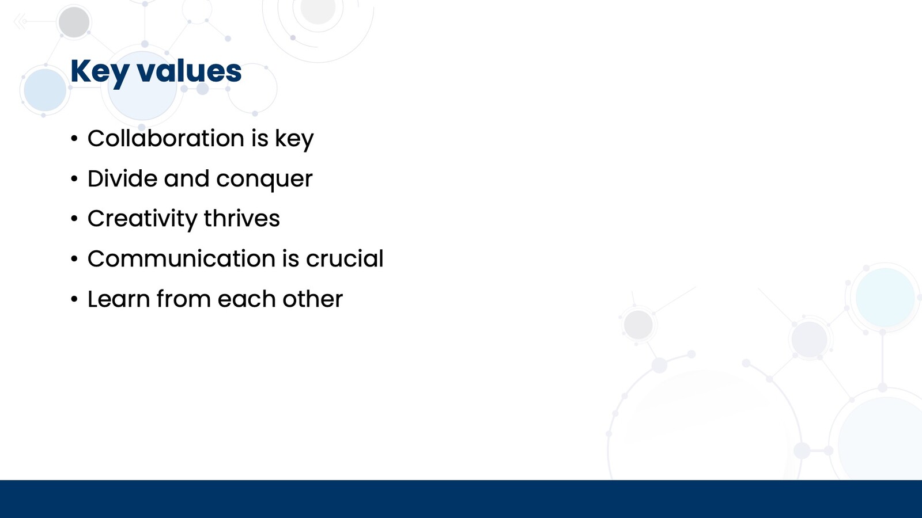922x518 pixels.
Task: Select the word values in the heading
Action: [x=190, y=71]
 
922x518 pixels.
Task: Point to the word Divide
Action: [x=122, y=178]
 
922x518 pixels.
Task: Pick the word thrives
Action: [x=241, y=218]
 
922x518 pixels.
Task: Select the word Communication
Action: [x=182, y=258]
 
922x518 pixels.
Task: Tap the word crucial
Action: [x=345, y=258]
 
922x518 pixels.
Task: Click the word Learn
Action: [x=119, y=299]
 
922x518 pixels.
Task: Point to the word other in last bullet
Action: [x=312, y=299]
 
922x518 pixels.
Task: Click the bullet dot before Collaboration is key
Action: [x=74, y=139]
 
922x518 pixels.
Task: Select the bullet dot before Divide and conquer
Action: [x=74, y=179]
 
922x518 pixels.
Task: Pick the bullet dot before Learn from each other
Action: [x=74, y=299]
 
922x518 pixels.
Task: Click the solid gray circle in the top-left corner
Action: [x=74, y=22]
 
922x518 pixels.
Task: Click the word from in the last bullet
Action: [x=184, y=299]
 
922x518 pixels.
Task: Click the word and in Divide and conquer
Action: [x=187, y=178]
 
